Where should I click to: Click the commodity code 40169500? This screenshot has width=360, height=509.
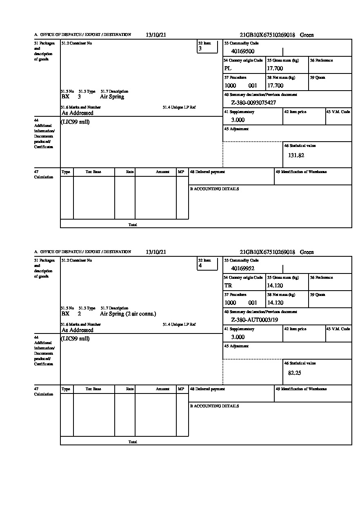point(242,51)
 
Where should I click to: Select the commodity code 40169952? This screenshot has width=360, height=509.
point(242,269)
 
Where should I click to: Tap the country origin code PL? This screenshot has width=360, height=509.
point(228,69)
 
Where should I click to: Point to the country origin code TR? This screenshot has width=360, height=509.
point(228,286)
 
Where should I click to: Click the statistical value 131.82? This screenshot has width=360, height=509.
point(296,156)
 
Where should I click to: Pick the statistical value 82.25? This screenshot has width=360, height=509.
point(294,373)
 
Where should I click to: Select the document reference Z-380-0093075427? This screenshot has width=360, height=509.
point(253,103)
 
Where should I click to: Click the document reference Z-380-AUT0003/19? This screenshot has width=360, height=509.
point(254,320)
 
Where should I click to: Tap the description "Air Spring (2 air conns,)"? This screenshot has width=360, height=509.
point(128,314)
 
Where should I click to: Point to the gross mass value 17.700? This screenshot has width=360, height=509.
point(275,69)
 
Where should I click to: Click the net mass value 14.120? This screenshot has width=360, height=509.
point(275,303)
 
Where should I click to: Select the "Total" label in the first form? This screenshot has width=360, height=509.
point(133,225)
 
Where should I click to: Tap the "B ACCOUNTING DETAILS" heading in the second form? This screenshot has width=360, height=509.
point(214,406)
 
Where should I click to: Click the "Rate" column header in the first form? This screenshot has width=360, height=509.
point(130,172)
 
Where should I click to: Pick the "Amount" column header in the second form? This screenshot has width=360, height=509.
point(162,389)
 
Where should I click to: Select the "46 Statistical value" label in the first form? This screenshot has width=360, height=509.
point(300,146)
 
